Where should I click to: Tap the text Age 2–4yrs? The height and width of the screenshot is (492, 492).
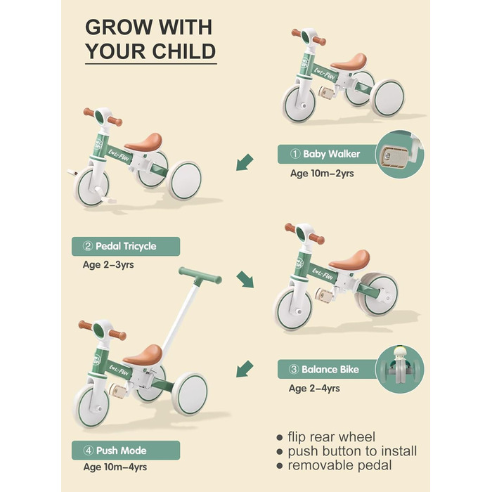pyautogui.click(x=313, y=388)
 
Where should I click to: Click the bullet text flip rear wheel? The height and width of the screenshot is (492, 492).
pyautogui.click(x=330, y=436)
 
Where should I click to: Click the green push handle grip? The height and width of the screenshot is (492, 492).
pyautogui.click(x=200, y=275)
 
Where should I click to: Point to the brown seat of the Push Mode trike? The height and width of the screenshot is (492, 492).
pyautogui.click(x=143, y=354)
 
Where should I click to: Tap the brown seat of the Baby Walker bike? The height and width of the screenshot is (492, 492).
pyautogui.click(x=349, y=62)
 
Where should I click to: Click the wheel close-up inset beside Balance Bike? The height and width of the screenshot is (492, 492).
pyautogui.click(x=400, y=369)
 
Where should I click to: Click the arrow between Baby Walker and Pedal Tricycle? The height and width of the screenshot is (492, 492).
pyautogui.click(x=245, y=164)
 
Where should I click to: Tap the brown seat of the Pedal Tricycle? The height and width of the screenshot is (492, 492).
pyautogui.click(x=144, y=142)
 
